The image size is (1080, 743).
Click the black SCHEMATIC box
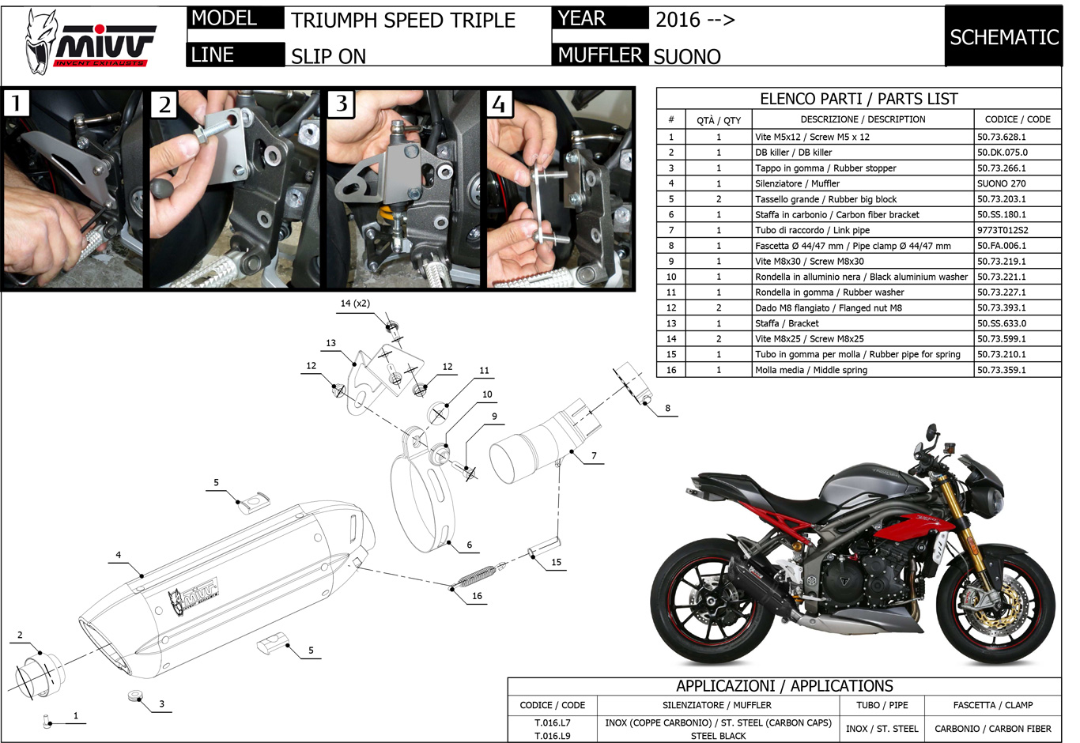click(1003, 37)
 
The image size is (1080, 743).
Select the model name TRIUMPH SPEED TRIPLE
click(403, 21)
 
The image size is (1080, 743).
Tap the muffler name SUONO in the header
click(687, 56)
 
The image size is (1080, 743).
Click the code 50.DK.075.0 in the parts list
click(1002, 153)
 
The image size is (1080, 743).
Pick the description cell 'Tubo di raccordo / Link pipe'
click(812, 230)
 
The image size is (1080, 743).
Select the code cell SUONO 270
click(1001, 183)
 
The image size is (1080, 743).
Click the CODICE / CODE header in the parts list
click(1017, 119)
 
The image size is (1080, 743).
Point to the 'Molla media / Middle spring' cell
click(810, 370)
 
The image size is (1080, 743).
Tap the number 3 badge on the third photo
click(342, 104)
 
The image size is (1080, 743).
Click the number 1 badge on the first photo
click(17, 103)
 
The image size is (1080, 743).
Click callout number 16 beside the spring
click(477, 596)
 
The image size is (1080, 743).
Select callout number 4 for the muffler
click(119, 555)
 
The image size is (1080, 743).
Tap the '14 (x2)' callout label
click(355, 304)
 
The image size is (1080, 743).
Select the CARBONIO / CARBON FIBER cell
click(992, 729)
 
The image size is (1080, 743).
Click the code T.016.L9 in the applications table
click(552, 736)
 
